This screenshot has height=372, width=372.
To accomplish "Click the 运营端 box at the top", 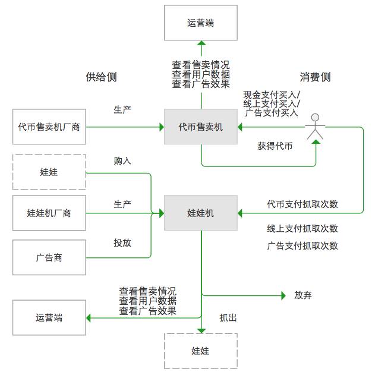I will (201, 23).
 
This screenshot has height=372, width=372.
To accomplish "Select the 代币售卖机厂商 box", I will (49, 127).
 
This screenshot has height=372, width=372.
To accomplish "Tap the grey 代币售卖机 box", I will (201, 127).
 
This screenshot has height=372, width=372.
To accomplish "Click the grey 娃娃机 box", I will (201, 213).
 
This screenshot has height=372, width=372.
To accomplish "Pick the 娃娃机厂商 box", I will (49, 213).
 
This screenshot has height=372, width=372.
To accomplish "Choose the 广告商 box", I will (49, 258).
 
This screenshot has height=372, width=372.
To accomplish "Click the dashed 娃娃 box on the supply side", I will (49, 172).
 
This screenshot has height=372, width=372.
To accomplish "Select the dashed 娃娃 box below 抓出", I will (201, 351).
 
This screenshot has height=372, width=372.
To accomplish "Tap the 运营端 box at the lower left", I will (49, 317).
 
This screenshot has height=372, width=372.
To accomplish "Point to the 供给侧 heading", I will (101, 77).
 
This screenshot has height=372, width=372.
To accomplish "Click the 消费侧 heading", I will (315, 77).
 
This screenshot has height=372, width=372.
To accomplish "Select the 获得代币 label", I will (275, 146).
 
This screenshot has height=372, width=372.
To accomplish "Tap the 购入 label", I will (122, 160).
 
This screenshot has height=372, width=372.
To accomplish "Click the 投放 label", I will (122, 242).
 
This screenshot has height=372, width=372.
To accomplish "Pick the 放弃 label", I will (302, 295).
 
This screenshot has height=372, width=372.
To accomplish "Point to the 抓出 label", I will (228, 318).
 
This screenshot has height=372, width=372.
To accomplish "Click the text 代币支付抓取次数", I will (302, 204).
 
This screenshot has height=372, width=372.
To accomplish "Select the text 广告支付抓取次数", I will (302, 245).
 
